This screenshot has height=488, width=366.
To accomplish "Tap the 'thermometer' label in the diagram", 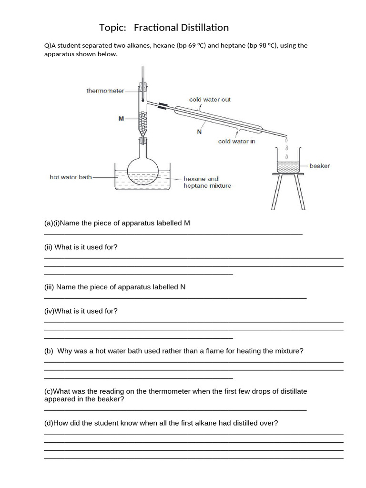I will coord(105,91).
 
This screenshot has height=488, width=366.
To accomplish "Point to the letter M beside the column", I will coord(121,119).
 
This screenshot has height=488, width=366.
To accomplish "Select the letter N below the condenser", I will coord(199,132).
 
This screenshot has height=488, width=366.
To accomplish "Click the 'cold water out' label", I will coord(210,100).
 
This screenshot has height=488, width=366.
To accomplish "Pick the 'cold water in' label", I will coord(237,142).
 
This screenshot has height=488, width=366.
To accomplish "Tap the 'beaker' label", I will coord(319,166).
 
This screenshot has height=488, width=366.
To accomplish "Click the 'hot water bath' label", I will coord(71,177).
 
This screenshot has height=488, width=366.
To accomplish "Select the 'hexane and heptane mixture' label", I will coord(207,182).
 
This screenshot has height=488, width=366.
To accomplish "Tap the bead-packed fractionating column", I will coord(142,122).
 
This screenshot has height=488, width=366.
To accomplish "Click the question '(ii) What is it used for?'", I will coord(81,247).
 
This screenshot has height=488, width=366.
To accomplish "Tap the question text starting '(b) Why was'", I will coord(173,351).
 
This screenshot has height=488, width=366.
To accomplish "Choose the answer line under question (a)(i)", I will coord(173,234).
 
